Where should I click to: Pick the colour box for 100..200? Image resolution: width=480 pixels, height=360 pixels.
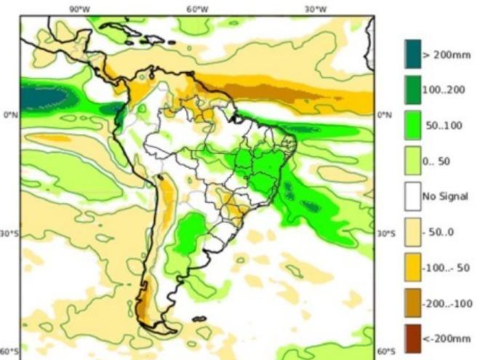pyautogui.click(x=412, y=90)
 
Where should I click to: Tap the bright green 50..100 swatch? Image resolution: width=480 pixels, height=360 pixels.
pyautogui.click(x=412, y=126)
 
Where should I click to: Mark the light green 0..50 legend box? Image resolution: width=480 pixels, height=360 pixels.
pyautogui.click(x=412, y=161)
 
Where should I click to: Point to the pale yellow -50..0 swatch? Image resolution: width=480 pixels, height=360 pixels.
pyautogui.click(x=412, y=232)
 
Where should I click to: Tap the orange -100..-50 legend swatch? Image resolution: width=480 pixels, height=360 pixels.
pyautogui.click(x=412, y=268)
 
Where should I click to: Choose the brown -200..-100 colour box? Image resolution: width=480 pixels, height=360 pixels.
pyautogui.click(x=412, y=303)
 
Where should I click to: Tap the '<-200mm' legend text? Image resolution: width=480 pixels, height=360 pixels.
pyautogui.click(x=445, y=338)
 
